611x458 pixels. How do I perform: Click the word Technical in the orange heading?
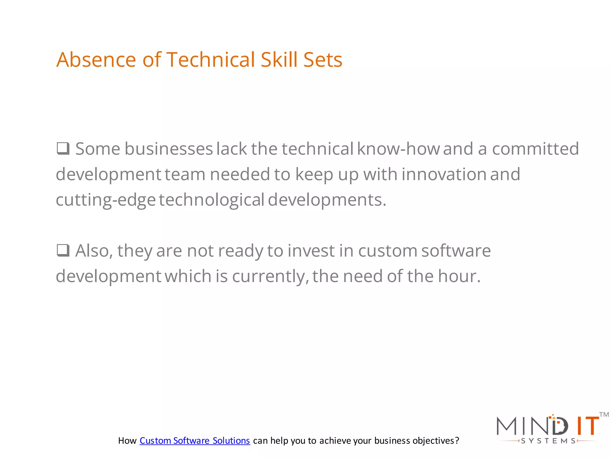coord(211,60)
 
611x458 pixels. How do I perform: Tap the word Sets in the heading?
coord(323,60)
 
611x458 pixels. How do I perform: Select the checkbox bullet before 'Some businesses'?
coord(63,148)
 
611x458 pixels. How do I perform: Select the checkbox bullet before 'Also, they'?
coord(63,250)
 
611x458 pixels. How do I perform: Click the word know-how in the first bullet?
coord(398,149)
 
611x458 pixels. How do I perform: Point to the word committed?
coord(535,149)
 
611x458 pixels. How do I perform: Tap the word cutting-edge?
coord(106,200)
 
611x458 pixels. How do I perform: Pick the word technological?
coord(211,200)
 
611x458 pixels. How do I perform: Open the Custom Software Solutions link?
coord(195,441)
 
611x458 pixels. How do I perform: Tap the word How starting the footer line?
coord(127,441)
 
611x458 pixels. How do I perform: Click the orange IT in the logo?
coord(587,426)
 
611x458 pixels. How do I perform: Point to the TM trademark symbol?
coord(604,415)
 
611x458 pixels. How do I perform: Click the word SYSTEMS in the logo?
coord(548,441)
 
